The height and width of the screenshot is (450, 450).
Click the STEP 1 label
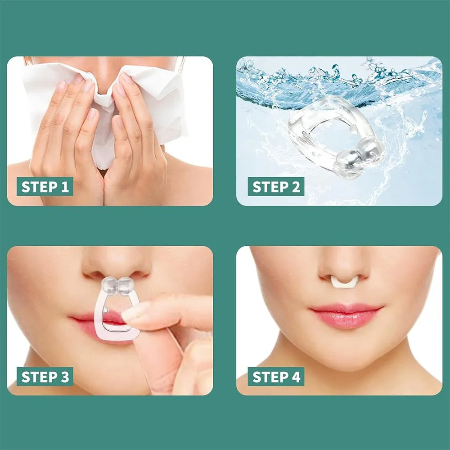(x=45, y=187)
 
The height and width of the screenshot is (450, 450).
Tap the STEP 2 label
(x=276, y=187)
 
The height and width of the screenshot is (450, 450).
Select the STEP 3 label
(x=45, y=377)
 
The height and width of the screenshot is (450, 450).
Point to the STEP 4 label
(x=276, y=377)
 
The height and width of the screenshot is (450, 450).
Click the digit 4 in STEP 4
(x=296, y=377)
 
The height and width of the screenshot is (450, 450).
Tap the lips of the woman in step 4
(x=346, y=315)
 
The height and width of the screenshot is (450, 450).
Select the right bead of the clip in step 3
(x=126, y=286)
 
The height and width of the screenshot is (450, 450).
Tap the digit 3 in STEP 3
(x=65, y=377)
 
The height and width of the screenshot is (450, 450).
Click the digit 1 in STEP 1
(x=65, y=187)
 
